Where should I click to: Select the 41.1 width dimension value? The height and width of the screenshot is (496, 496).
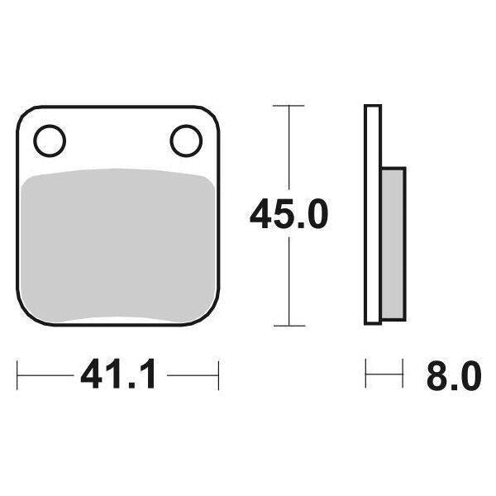click(118, 378)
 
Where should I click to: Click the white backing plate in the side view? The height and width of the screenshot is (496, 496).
click(373, 215)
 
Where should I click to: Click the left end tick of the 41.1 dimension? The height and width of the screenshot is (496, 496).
click(18, 378)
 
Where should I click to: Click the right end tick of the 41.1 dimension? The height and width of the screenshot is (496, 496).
click(219, 378)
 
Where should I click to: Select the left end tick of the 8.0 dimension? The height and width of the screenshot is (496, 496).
click(366, 378)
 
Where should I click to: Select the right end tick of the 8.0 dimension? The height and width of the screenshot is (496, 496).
click(403, 378)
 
